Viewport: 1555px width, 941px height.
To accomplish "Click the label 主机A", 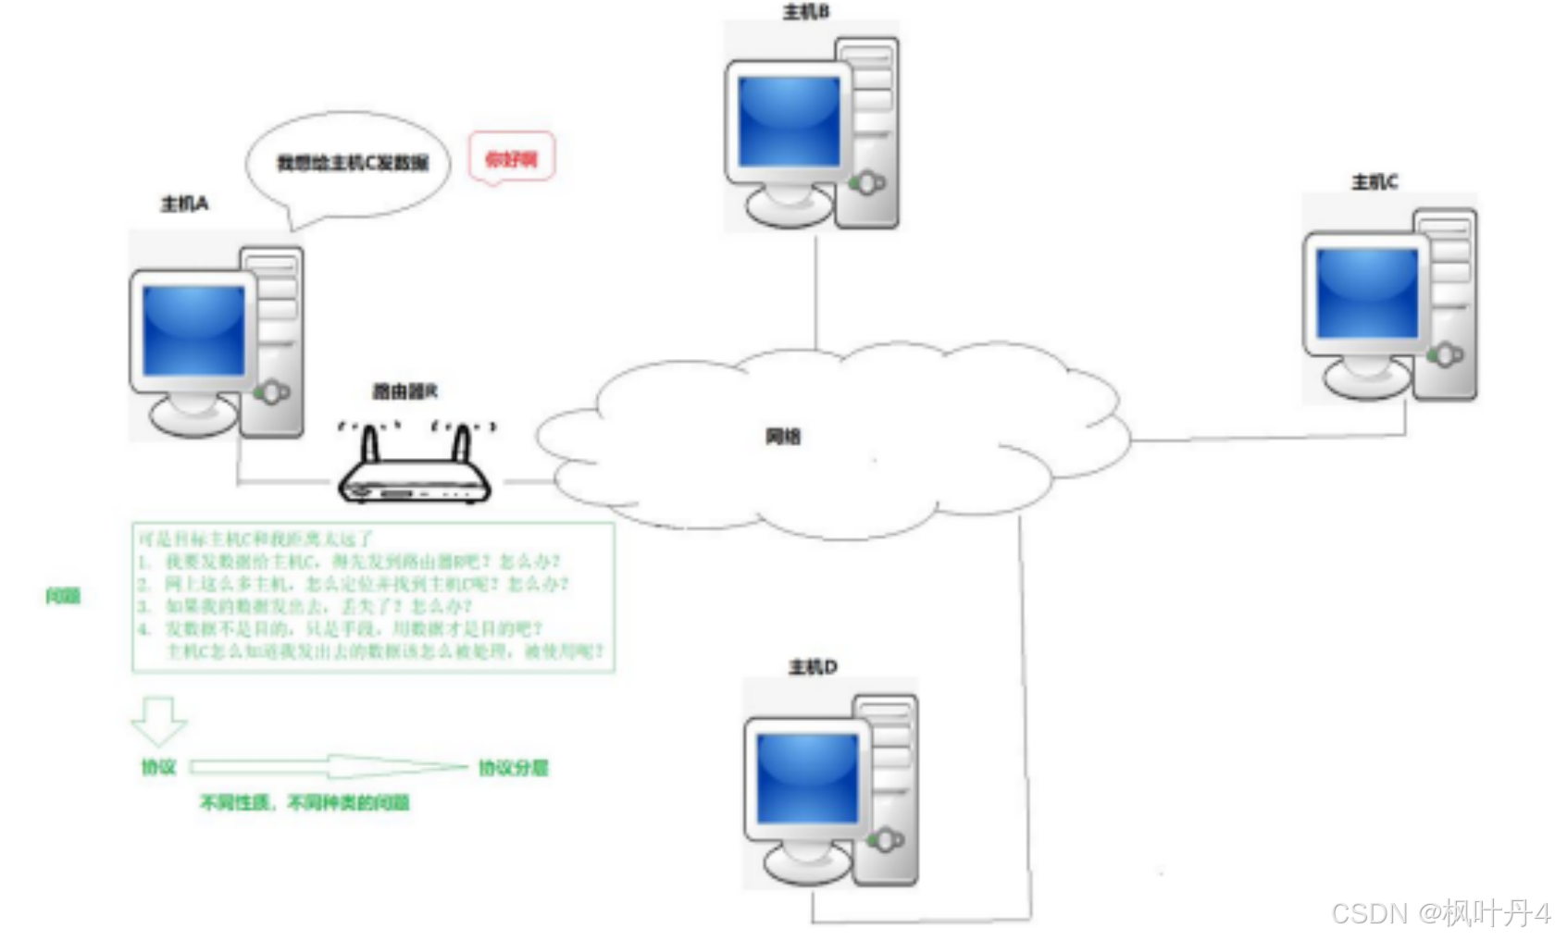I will (x=185, y=204).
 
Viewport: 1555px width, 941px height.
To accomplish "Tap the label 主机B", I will (x=806, y=12).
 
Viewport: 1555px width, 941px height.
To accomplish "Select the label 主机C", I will (x=1375, y=182).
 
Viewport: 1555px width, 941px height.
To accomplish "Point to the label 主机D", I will (x=813, y=667).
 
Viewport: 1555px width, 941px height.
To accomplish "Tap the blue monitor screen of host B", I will (x=789, y=121).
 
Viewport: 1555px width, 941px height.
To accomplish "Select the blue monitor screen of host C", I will (x=1367, y=292).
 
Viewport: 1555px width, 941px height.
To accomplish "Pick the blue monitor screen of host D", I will (x=807, y=778).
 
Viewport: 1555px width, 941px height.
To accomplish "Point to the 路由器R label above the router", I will (x=404, y=391).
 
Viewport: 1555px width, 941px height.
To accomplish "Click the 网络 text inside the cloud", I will (x=783, y=436).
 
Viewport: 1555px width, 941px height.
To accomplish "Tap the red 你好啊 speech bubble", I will (x=511, y=159).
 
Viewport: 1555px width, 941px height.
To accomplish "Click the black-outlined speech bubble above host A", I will (x=348, y=165).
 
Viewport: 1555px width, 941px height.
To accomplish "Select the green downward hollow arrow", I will (x=159, y=721).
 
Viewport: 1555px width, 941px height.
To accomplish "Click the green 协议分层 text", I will (x=514, y=768).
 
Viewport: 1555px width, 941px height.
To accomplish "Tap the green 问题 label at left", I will (x=63, y=596).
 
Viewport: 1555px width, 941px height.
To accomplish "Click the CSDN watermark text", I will (x=1440, y=913).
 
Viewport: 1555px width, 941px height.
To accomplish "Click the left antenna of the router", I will (x=371, y=443).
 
